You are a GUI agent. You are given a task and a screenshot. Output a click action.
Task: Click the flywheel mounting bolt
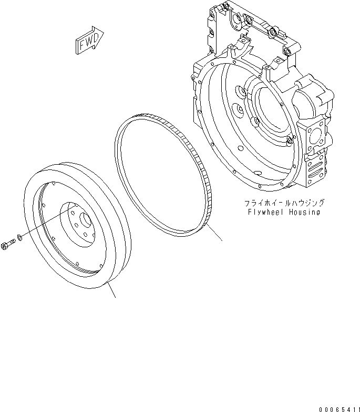tap(8, 244)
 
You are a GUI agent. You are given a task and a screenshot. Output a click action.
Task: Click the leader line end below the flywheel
tap(115, 297)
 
